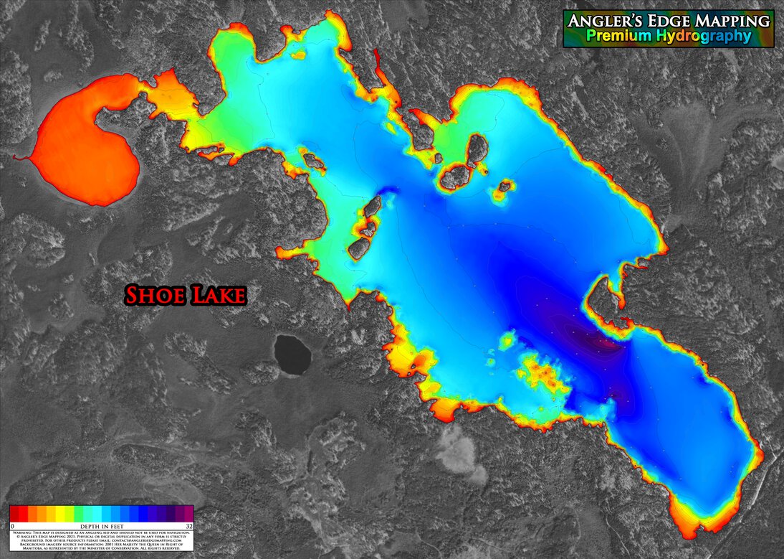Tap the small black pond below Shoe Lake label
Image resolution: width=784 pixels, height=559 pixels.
tap(292, 354)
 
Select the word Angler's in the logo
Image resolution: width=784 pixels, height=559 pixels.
tap(601, 21)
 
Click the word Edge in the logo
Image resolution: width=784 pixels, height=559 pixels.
tap(664, 21)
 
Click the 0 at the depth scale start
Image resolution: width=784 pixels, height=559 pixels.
tap(13, 526)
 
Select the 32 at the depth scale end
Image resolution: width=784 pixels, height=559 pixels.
tap(188, 526)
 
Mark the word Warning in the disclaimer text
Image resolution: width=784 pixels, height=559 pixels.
tap(26, 532)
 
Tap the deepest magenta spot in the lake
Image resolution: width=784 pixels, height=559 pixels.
tap(606, 344)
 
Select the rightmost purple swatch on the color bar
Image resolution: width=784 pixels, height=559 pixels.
tap(188, 513)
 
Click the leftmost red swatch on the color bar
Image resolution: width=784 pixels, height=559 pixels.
tap(14, 513)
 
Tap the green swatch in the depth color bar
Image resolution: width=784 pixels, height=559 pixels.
tap(79, 513)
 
